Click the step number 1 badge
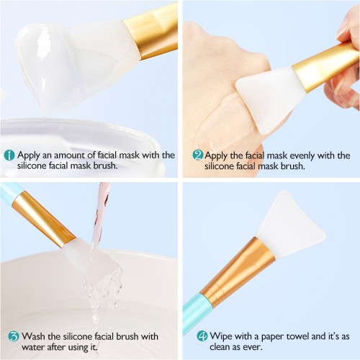9,156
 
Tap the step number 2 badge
198,156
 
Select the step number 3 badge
14,336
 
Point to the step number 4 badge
202,336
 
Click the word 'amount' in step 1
70,156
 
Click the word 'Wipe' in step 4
220,336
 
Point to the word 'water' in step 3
32,347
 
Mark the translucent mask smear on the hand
222,122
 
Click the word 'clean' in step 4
221,347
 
